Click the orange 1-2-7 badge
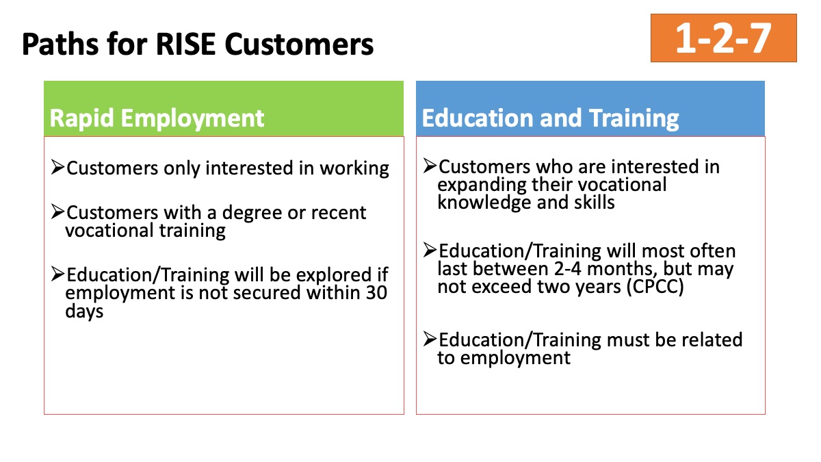[x=724, y=38]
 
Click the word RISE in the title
[x=185, y=44]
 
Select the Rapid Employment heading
[x=157, y=118]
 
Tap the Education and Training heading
[x=550, y=118]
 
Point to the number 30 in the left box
[x=376, y=293]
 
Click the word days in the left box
[x=84, y=311]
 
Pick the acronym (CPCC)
[x=655, y=287]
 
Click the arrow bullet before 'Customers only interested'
[x=58, y=167]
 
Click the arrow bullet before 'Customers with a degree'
[x=58, y=211]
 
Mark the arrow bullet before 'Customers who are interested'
[x=430, y=166]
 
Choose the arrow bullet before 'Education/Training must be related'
[x=430, y=338]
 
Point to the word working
[x=354, y=169]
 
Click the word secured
[x=268, y=293]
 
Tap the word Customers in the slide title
[x=299, y=44]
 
